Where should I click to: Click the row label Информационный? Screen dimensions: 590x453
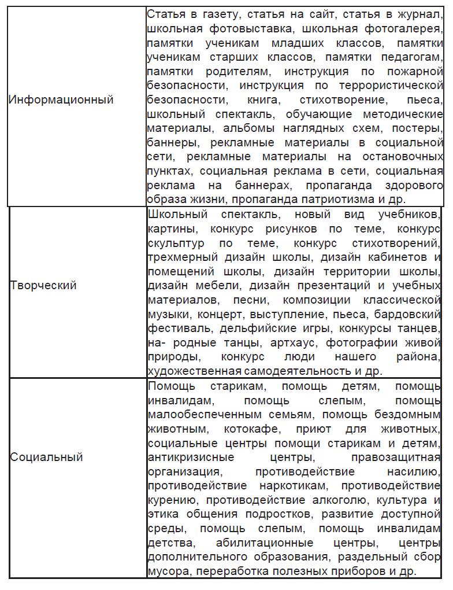pyautogui.click(x=61, y=99)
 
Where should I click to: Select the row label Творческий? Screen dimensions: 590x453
pyautogui.click(x=43, y=285)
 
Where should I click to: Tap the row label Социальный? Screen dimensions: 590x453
pyautogui.click(x=46, y=457)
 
